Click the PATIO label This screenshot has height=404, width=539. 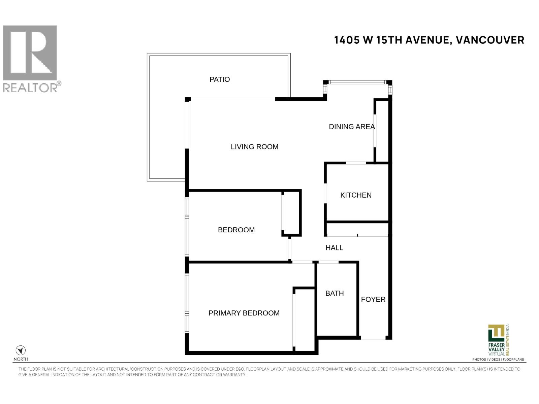[x=220, y=79]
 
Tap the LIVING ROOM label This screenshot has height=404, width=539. [x=254, y=147]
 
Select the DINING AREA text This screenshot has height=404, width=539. [x=352, y=127]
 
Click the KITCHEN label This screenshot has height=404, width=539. [x=356, y=195]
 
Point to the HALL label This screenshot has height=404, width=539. [x=334, y=248]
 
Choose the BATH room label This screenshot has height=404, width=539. [x=335, y=294]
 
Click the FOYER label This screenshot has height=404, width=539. [x=373, y=300]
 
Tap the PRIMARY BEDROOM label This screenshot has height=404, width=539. [x=244, y=313]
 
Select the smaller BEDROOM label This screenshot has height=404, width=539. [x=236, y=230]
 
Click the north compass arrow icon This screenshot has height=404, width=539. [x=21, y=350]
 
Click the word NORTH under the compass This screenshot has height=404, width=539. [x=21, y=359]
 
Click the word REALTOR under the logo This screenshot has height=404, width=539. [x=30, y=88]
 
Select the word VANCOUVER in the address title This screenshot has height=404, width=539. [x=490, y=40]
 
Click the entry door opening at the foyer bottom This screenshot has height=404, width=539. [x=373, y=339]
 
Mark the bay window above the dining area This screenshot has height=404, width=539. [x=357, y=82]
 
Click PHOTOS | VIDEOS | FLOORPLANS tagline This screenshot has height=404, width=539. [x=498, y=360]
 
